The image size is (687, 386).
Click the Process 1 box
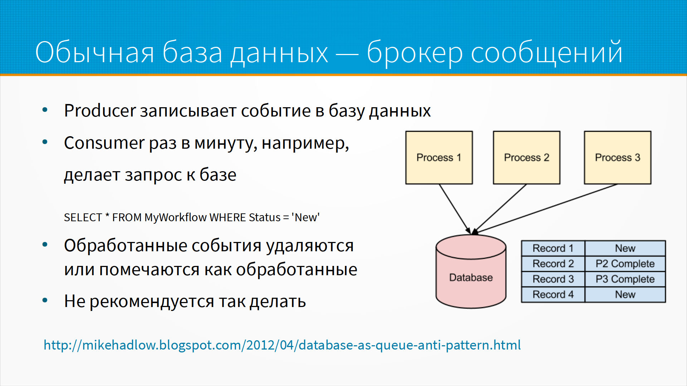439,158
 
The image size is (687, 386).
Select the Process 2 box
526,158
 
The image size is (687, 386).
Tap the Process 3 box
618,158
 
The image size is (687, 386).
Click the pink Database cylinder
471,271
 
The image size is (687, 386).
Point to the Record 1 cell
553,248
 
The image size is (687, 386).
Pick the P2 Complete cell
625,264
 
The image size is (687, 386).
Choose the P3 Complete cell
625,279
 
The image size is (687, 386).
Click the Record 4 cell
553,295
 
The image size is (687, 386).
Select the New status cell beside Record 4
625,295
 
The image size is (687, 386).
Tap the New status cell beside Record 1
625,248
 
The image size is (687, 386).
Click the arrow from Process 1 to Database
455,209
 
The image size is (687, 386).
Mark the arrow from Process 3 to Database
545,209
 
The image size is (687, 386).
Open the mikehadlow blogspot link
282,345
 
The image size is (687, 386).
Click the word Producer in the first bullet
100,110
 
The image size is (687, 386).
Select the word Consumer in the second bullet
104,143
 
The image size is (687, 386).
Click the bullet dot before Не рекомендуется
45,301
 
